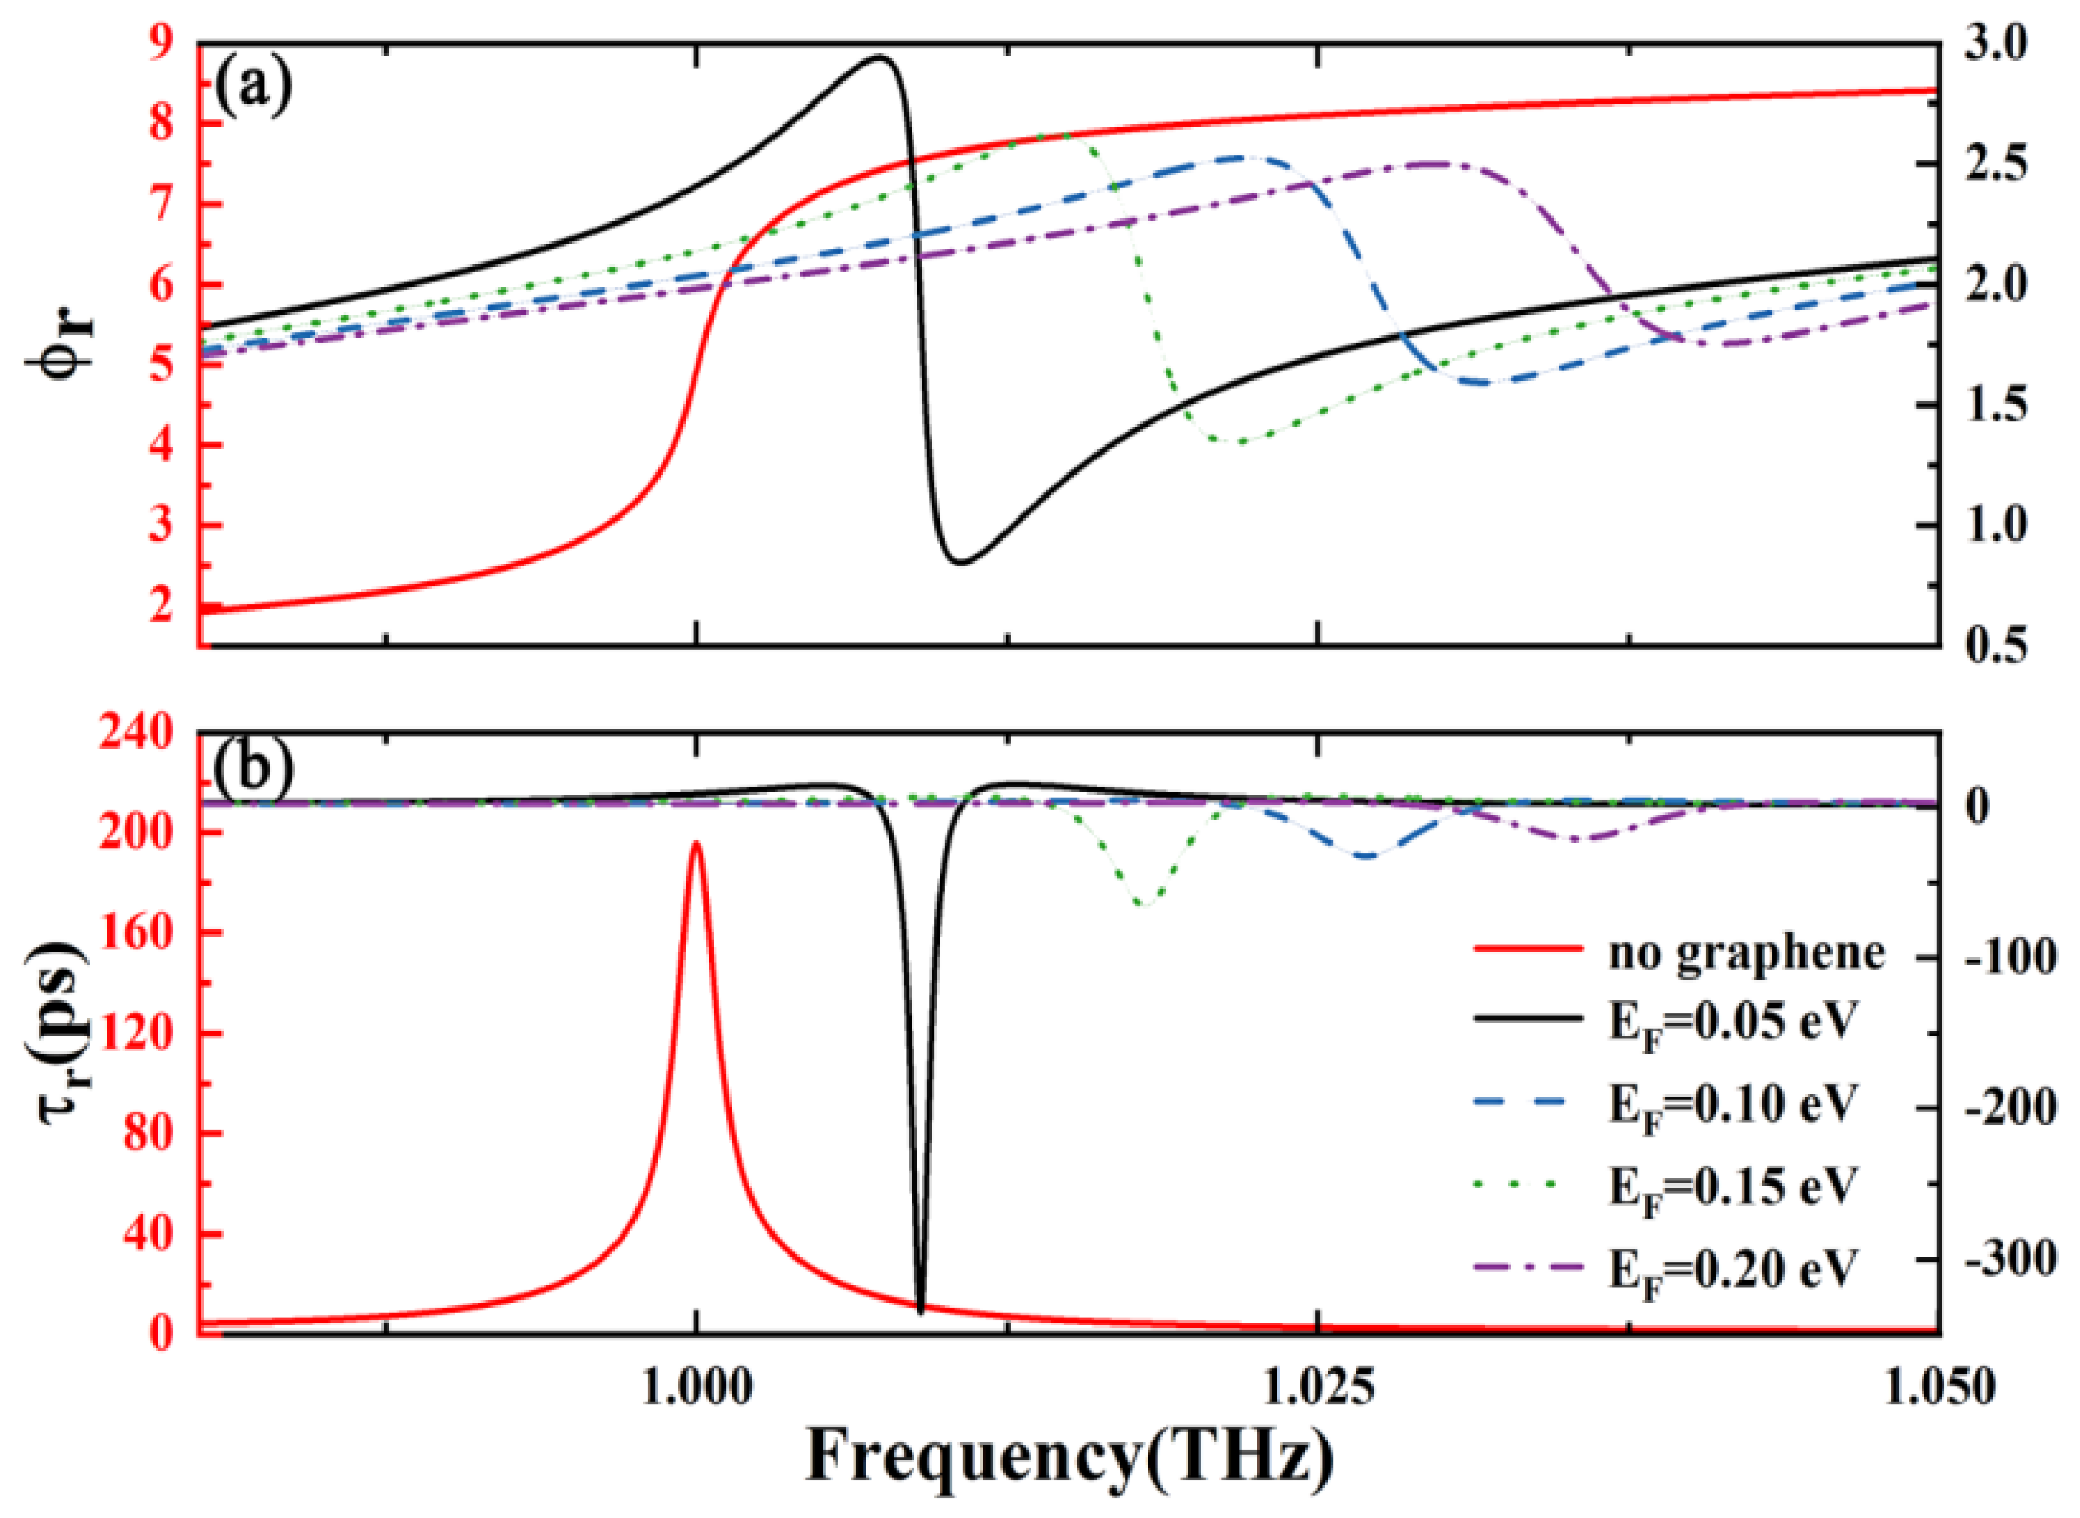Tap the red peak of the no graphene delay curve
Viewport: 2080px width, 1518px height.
(696, 843)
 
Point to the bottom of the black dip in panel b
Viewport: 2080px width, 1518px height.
(920, 1308)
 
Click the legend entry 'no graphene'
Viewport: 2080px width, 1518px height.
(1745, 954)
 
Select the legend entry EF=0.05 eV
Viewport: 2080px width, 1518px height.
(1732, 1022)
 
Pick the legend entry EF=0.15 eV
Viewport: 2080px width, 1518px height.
(1732, 1186)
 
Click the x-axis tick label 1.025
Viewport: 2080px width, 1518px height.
(1317, 1389)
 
